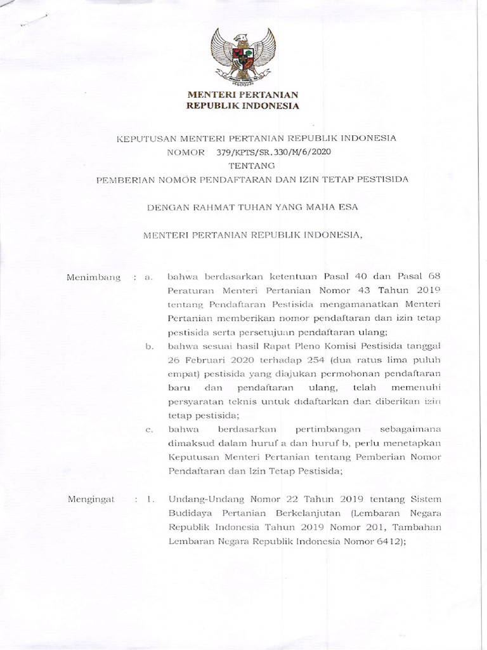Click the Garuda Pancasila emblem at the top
(243, 56)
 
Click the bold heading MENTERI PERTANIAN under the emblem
(243, 95)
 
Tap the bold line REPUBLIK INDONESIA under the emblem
(243, 106)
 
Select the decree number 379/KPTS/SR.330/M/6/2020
(273, 152)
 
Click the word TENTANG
(243, 166)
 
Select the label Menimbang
(94, 277)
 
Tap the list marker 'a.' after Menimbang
(149, 277)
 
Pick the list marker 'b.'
(150, 345)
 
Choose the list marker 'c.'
(150, 430)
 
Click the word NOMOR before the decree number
(185, 152)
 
